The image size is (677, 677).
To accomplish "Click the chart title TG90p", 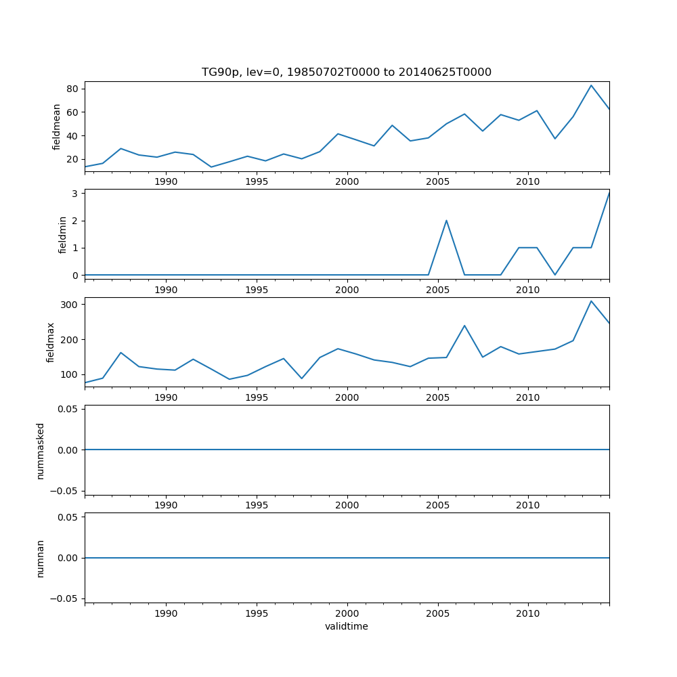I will [x=346, y=72].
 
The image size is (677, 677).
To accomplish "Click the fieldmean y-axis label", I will [x=57, y=127].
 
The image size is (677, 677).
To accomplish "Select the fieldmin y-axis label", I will [x=63, y=234].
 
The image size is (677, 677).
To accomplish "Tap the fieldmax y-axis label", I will [x=51, y=342].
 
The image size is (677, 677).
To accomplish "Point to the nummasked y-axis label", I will [x=41, y=450].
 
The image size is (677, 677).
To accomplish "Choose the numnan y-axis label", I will [x=41, y=558].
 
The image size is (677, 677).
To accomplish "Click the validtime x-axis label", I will [x=346, y=626].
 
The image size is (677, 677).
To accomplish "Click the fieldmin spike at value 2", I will [x=446, y=220].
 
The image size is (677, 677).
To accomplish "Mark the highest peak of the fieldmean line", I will [x=591, y=85].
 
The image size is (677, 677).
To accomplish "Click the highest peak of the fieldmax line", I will [x=591, y=301].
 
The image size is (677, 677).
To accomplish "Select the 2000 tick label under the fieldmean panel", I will [x=347, y=181].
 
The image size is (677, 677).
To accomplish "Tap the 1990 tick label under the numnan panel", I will [x=166, y=613].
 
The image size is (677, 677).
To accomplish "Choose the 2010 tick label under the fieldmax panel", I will [x=527, y=397].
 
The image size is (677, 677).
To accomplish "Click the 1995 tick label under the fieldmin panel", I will [x=257, y=290].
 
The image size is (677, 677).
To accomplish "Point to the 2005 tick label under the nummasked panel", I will [x=437, y=505].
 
